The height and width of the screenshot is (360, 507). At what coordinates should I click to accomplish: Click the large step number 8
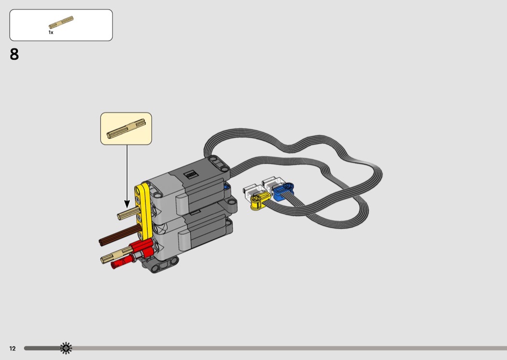tap(14, 55)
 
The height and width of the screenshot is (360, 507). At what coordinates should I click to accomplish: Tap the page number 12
tap(12, 348)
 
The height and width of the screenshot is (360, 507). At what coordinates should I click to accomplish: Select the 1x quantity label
tap(51, 32)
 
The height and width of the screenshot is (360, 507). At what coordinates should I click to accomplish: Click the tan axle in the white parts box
tap(61, 22)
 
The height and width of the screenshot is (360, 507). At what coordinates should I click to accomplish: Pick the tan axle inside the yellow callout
tap(126, 129)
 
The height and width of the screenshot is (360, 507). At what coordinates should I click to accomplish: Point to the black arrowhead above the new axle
tap(127, 204)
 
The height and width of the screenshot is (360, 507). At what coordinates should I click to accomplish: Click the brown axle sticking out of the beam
tap(120, 235)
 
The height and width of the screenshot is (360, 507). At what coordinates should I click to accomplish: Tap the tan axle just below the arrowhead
tap(128, 213)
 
